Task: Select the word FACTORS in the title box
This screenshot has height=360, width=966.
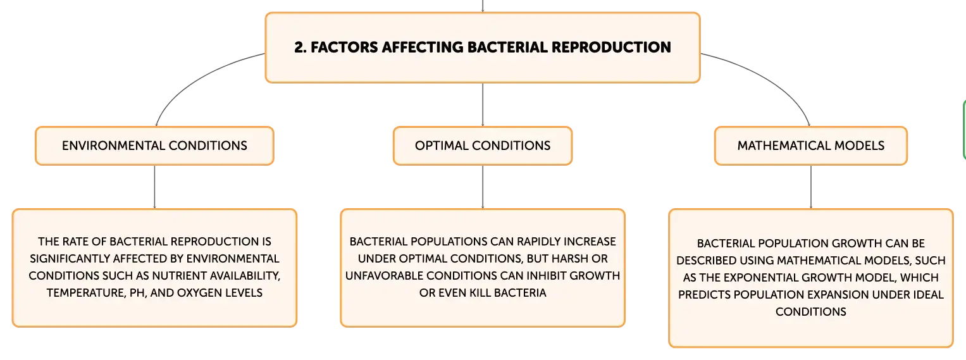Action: pos(344,47)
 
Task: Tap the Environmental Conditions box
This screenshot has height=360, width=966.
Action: pos(154,146)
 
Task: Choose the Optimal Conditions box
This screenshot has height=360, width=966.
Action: pos(483,146)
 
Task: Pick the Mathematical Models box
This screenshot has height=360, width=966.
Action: pos(811,146)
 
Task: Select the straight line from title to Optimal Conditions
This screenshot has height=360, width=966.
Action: pos(483,104)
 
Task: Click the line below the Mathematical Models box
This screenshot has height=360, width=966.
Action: pos(811,187)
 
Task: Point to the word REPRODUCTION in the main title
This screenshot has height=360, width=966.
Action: pos(611,47)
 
